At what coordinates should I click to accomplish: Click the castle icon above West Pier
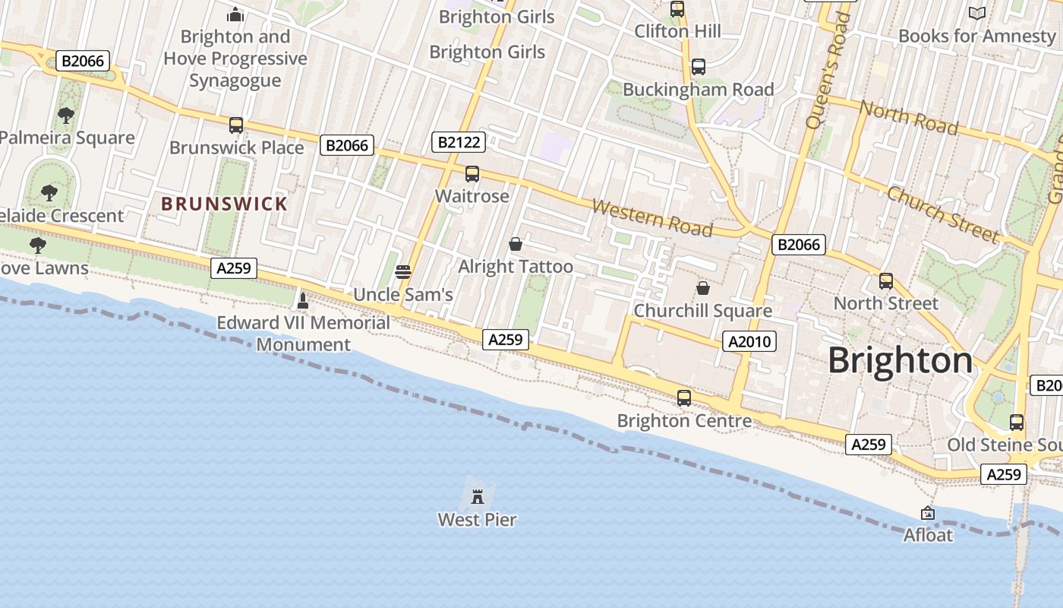(x=478, y=497)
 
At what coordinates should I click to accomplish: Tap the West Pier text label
(x=478, y=520)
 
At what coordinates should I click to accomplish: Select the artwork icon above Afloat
(x=927, y=514)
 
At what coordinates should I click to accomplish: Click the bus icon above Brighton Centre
(x=684, y=397)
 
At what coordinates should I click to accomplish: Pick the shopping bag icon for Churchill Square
(x=703, y=288)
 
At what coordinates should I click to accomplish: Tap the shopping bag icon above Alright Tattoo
(x=516, y=244)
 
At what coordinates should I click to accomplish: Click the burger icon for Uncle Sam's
(x=403, y=272)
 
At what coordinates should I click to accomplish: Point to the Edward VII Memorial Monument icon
(x=303, y=301)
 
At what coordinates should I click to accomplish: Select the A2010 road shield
(x=749, y=341)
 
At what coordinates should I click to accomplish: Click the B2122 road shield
(x=458, y=141)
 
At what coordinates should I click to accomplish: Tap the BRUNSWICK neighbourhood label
(x=224, y=204)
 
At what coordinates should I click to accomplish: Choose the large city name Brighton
(x=900, y=360)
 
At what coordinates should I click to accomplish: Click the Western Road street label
(x=652, y=217)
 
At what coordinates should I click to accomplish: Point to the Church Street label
(x=942, y=214)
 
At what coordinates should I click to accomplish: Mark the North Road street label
(x=908, y=118)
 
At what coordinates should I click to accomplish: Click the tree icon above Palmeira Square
(x=66, y=116)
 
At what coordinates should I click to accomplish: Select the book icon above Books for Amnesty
(x=977, y=13)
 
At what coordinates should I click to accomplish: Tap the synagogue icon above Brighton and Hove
(x=235, y=14)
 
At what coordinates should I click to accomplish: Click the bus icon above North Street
(x=886, y=280)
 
